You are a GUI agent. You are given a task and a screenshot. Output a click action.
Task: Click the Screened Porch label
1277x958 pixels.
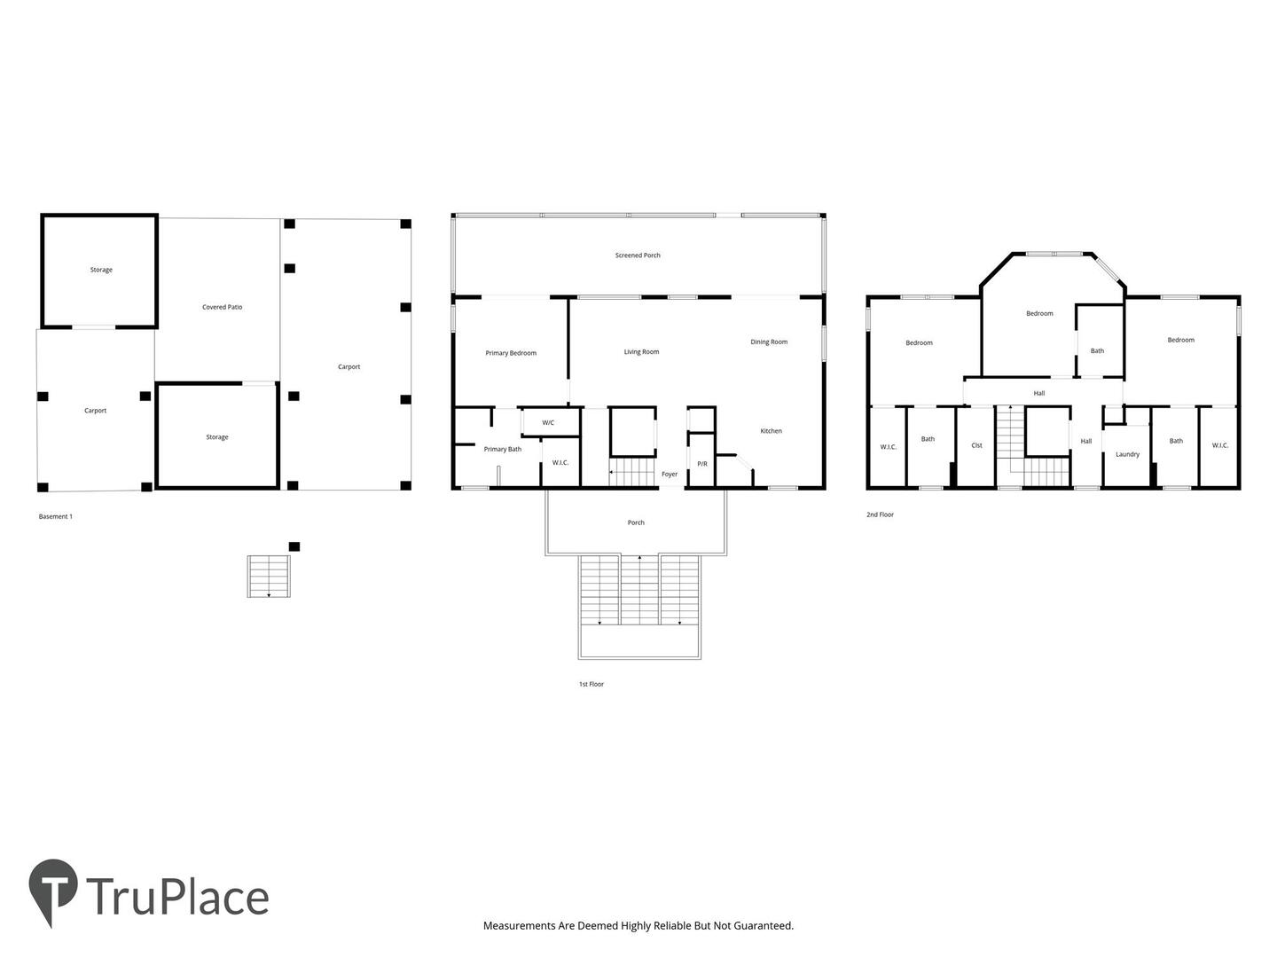[x=637, y=255]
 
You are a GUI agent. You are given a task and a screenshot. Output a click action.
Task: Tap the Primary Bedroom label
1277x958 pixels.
[x=510, y=353]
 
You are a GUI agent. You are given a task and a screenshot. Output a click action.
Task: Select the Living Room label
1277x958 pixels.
[x=641, y=352]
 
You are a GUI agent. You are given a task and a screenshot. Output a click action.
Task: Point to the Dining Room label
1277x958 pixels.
[x=768, y=342]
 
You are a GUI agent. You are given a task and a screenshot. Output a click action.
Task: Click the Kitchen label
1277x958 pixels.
[x=771, y=431]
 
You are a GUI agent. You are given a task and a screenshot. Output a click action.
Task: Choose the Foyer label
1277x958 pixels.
[x=669, y=474]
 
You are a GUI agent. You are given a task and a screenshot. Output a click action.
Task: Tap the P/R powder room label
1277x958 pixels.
[x=701, y=464]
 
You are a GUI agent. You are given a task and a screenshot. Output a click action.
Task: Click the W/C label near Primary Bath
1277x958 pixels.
[x=547, y=423]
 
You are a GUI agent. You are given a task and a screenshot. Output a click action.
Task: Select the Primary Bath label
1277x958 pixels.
[x=502, y=449]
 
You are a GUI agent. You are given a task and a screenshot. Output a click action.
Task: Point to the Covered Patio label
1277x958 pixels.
[x=222, y=307]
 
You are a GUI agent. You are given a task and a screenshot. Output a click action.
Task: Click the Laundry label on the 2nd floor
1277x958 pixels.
[x=1127, y=454]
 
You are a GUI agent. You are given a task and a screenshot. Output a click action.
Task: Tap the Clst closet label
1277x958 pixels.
[x=976, y=445]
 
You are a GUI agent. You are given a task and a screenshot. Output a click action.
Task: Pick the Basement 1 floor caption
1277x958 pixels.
[x=55, y=516]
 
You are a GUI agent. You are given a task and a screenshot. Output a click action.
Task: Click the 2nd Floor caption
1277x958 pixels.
[x=880, y=514]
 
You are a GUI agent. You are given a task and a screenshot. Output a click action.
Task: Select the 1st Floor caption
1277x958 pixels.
[x=591, y=684]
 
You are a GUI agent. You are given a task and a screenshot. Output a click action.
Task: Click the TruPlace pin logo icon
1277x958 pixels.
[x=52, y=889]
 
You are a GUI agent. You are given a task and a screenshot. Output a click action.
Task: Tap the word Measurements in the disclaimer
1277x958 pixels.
[x=519, y=925]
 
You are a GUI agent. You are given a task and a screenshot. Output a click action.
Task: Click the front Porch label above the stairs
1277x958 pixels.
[x=635, y=522]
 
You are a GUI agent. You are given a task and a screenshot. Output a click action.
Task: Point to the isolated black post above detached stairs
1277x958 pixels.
[x=294, y=546]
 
